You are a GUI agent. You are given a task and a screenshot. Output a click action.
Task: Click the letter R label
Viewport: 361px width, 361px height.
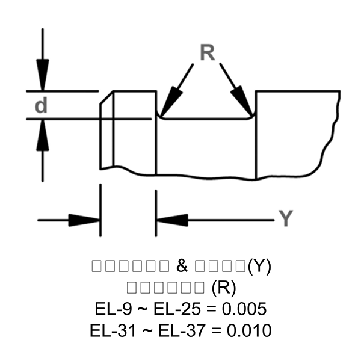coord(207,53)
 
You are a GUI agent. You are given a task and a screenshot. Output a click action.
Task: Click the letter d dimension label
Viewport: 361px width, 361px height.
coord(41,106)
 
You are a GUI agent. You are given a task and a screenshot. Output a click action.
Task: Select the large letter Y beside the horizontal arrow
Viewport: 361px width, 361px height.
coord(286,219)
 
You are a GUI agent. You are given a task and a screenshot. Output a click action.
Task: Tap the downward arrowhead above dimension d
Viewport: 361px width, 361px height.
coord(42,75)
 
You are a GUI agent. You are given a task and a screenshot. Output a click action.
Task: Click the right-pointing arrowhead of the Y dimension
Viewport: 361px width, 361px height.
coord(84,220)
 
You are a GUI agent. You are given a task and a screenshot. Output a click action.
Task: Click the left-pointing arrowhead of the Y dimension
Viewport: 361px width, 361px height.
coord(172,220)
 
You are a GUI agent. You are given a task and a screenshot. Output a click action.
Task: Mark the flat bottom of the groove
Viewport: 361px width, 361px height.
coord(206,119)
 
